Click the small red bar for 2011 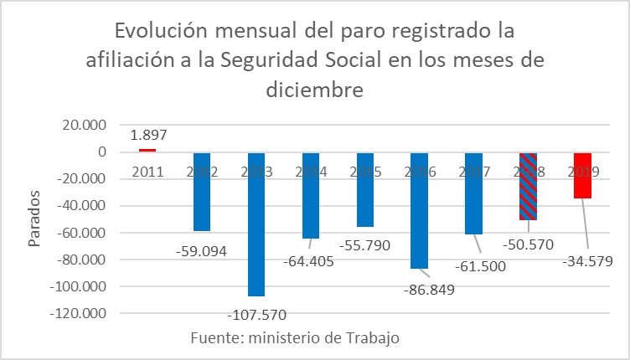tap(147, 150)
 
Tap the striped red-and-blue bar tap(527, 186)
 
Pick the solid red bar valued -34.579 tap(581, 175)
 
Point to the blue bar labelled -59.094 tap(202, 192)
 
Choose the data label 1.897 tap(147, 134)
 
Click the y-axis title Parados tap(34, 219)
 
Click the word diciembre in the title tap(315, 87)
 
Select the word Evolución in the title tap(165, 32)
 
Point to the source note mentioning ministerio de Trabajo tap(294, 337)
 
